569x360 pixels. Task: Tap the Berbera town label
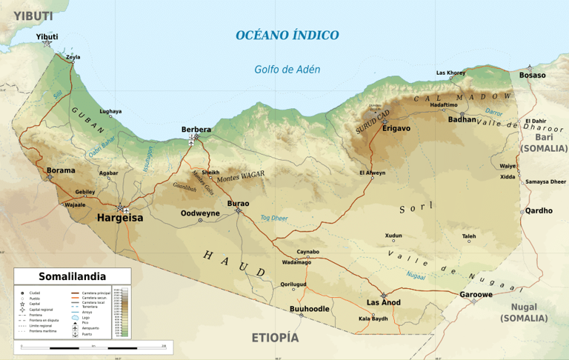click(196, 130)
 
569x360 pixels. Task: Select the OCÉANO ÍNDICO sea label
click(287, 35)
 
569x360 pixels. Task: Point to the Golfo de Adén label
click(287, 70)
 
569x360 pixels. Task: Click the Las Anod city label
click(384, 302)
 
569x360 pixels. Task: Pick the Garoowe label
click(476, 294)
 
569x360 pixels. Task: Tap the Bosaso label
click(532, 75)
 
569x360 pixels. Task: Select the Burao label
click(238, 203)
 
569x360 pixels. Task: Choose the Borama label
click(61, 170)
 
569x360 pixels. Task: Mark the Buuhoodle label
click(309, 308)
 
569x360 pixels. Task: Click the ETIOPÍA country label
click(275, 338)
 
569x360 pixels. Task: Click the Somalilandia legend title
click(72, 275)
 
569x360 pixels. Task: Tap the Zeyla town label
click(73, 57)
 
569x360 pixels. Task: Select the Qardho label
click(539, 210)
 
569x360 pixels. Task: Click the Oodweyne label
click(200, 213)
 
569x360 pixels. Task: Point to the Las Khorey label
click(450, 73)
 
